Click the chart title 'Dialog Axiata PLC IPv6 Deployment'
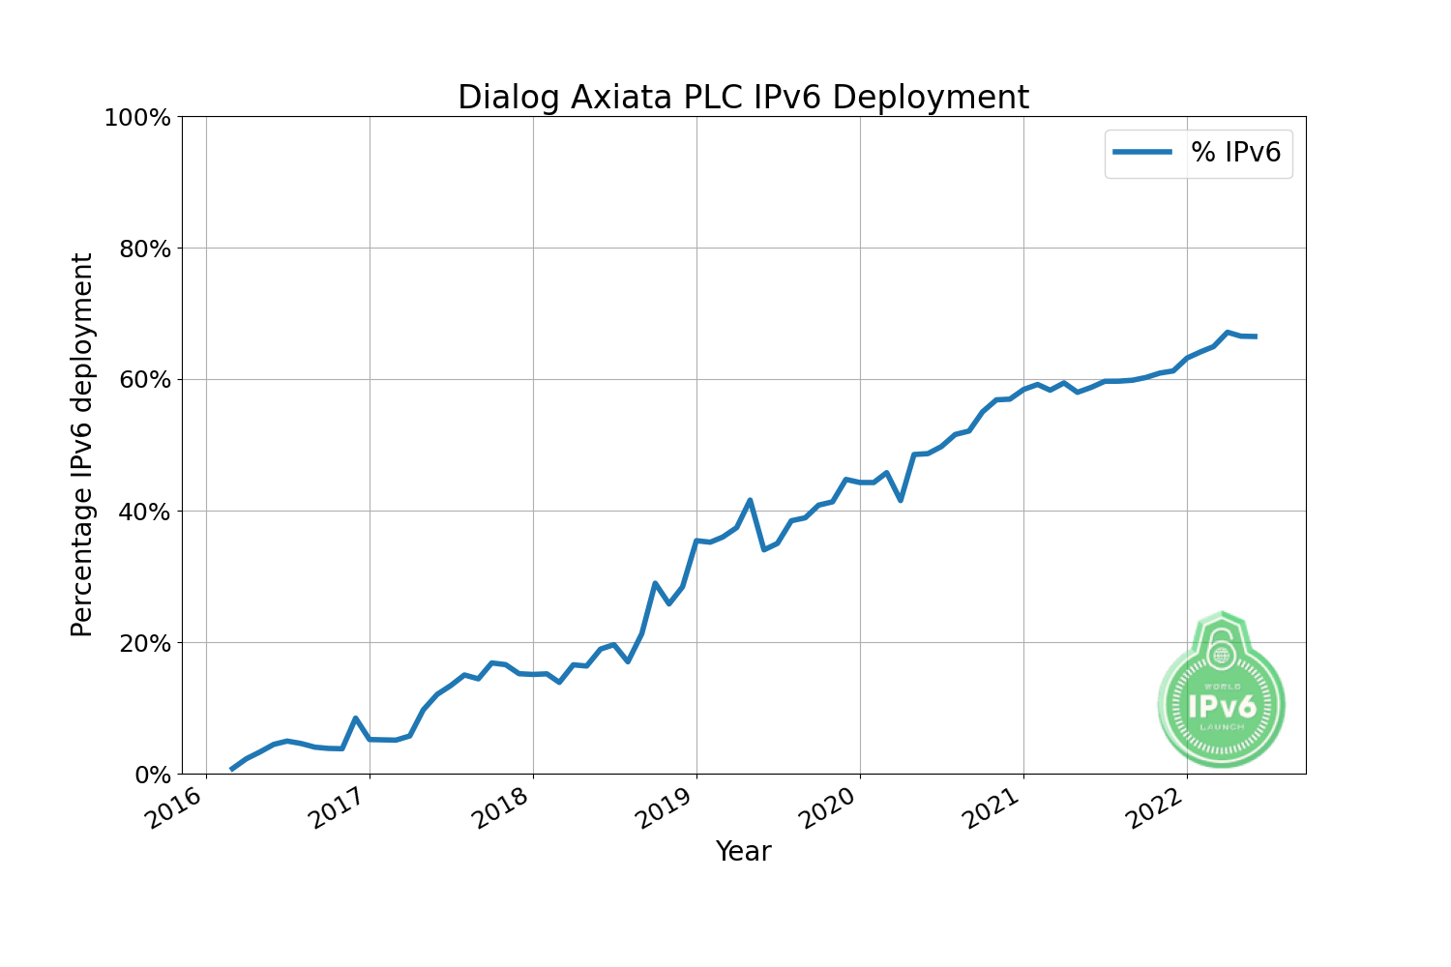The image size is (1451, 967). coord(743,98)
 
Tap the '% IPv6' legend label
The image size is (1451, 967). coord(1235,152)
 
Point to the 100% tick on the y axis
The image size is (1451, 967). coord(137,118)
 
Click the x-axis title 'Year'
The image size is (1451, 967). coord(743,852)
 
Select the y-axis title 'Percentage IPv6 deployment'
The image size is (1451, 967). coord(82,445)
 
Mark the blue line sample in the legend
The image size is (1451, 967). coord(1142,152)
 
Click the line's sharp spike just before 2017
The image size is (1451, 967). coord(356,718)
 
